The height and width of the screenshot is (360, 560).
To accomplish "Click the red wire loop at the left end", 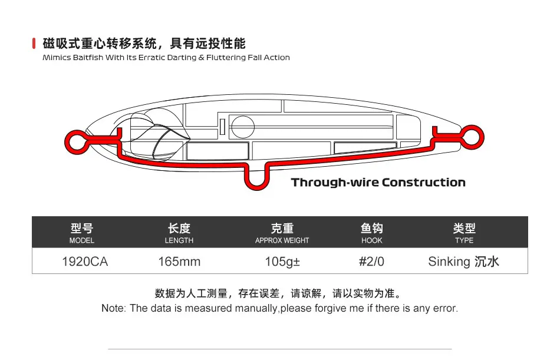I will pyautogui.click(x=73, y=140).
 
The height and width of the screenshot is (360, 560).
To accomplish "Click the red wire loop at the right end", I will pyautogui.click(x=474, y=137).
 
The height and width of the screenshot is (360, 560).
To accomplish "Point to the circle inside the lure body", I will pyautogui.click(x=242, y=125).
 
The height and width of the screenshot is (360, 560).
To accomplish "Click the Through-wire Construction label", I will pyautogui.click(x=378, y=183).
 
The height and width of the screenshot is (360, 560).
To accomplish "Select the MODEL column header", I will pyautogui.click(x=82, y=233).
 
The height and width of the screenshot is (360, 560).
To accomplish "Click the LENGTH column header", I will pyautogui.click(x=179, y=233).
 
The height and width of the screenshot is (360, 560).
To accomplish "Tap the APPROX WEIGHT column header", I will pyautogui.click(x=282, y=233).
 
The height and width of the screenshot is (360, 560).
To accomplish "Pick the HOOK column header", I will pyautogui.click(x=371, y=233).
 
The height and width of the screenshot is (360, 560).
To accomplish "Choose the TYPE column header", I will pyautogui.click(x=464, y=233).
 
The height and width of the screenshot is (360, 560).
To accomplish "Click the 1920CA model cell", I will pyautogui.click(x=85, y=262).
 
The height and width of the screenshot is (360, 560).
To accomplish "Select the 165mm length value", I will pyautogui.click(x=179, y=262).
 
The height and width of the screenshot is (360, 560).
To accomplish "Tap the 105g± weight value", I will pyautogui.click(x=282, y=262).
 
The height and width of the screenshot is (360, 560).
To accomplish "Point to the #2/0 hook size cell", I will pyautogui.click(x=371, y=262).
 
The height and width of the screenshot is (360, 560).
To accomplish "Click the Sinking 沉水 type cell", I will pyautogui.click(x=463, y=262).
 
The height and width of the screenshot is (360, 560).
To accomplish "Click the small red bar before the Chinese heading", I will pyautogui.click(x=34, y=44).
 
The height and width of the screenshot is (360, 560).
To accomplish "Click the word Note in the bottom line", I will pyautogui.click(x=113, y=308).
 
